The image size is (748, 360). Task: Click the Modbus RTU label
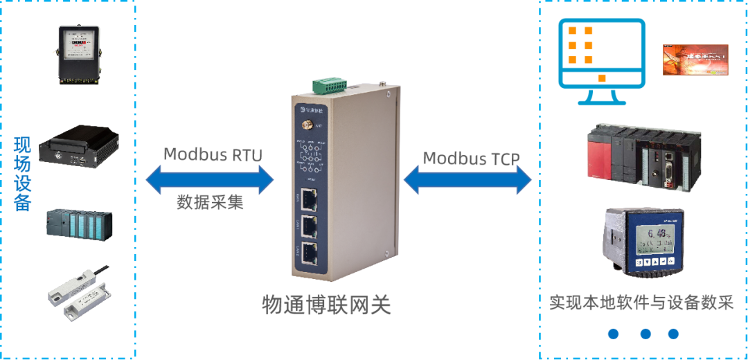(x=213, y=154)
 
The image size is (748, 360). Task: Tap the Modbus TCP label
(x=471, y=158)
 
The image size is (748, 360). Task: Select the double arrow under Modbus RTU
(x=210, y=181)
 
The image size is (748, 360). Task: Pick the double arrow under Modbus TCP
(x=467, y=181)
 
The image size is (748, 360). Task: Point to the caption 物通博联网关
(x=326, y=305)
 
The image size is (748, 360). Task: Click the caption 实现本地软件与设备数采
(x=641, y=303)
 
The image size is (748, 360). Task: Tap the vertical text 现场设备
(x=22, y=174)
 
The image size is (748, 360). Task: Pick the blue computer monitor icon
(x=602, y=61)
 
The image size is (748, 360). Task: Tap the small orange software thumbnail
(x=695, y=59)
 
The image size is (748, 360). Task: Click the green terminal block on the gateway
(x=329, y=85)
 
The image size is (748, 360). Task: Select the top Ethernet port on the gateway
(x=308, y=200)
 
